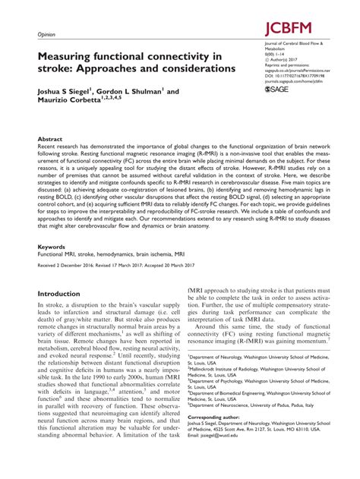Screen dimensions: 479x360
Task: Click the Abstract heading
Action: [50, 141]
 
